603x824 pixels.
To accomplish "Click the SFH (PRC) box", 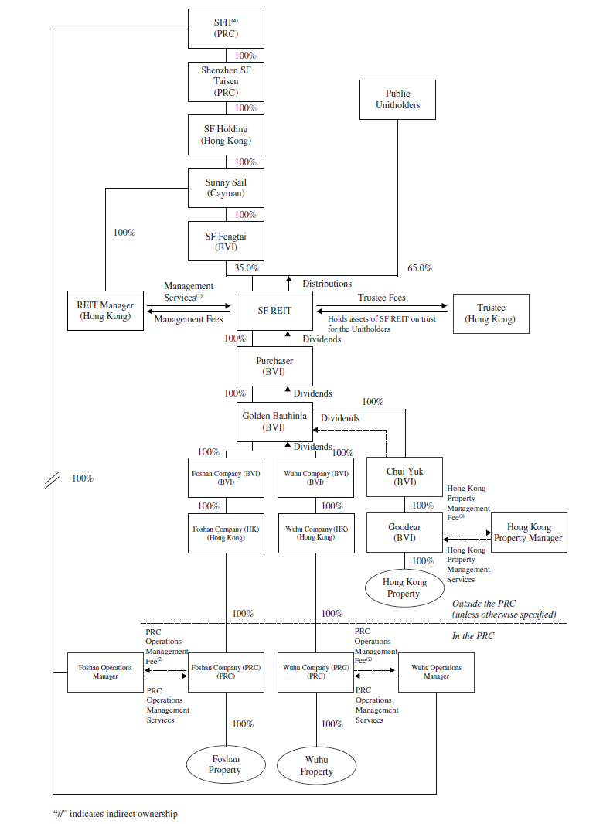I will [226, 29].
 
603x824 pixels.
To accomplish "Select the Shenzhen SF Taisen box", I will [226, 81].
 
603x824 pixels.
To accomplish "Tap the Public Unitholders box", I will [397, 100].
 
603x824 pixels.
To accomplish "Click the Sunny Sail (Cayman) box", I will [226, 188].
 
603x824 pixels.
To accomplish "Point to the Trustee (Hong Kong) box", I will [491, 313].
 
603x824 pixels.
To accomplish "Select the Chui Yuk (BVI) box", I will [404, 476].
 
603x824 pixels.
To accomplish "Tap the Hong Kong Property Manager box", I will [529, 532].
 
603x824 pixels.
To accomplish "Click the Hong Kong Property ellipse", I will [404, 588].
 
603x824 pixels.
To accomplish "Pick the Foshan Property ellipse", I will [225, 764].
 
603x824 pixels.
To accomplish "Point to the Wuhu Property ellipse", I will [316, 765].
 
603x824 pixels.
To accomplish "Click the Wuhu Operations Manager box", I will [436, 672].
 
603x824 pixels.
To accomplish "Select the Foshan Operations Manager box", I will [106, 672].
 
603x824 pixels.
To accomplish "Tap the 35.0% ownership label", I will [247, 268].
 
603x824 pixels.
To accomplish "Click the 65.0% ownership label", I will [420, 268].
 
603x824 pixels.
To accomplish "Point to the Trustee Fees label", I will [381, 298].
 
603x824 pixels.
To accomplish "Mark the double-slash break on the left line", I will [53, 480].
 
